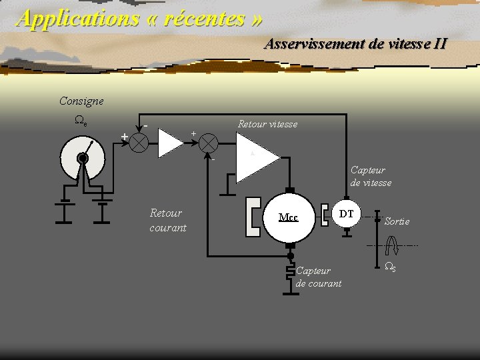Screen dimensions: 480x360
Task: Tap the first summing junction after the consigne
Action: [139, 143]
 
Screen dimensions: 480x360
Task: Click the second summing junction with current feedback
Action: [209, 143]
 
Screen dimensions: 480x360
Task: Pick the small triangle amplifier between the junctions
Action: [170, 143]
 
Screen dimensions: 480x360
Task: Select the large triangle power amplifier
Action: [258, 157]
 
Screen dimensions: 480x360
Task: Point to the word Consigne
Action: [81, 101]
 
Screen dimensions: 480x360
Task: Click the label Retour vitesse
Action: [267, 124]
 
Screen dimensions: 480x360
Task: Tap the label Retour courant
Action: [168, 221]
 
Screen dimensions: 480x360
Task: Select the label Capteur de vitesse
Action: [371, 176]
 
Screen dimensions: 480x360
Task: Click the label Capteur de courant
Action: [319, 277]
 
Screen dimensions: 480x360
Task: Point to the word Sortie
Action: [397, 221]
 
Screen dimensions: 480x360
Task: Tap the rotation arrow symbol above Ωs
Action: [392, 245]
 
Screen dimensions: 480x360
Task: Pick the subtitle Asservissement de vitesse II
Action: [356, 43]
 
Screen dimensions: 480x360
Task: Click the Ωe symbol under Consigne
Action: [81, 120]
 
